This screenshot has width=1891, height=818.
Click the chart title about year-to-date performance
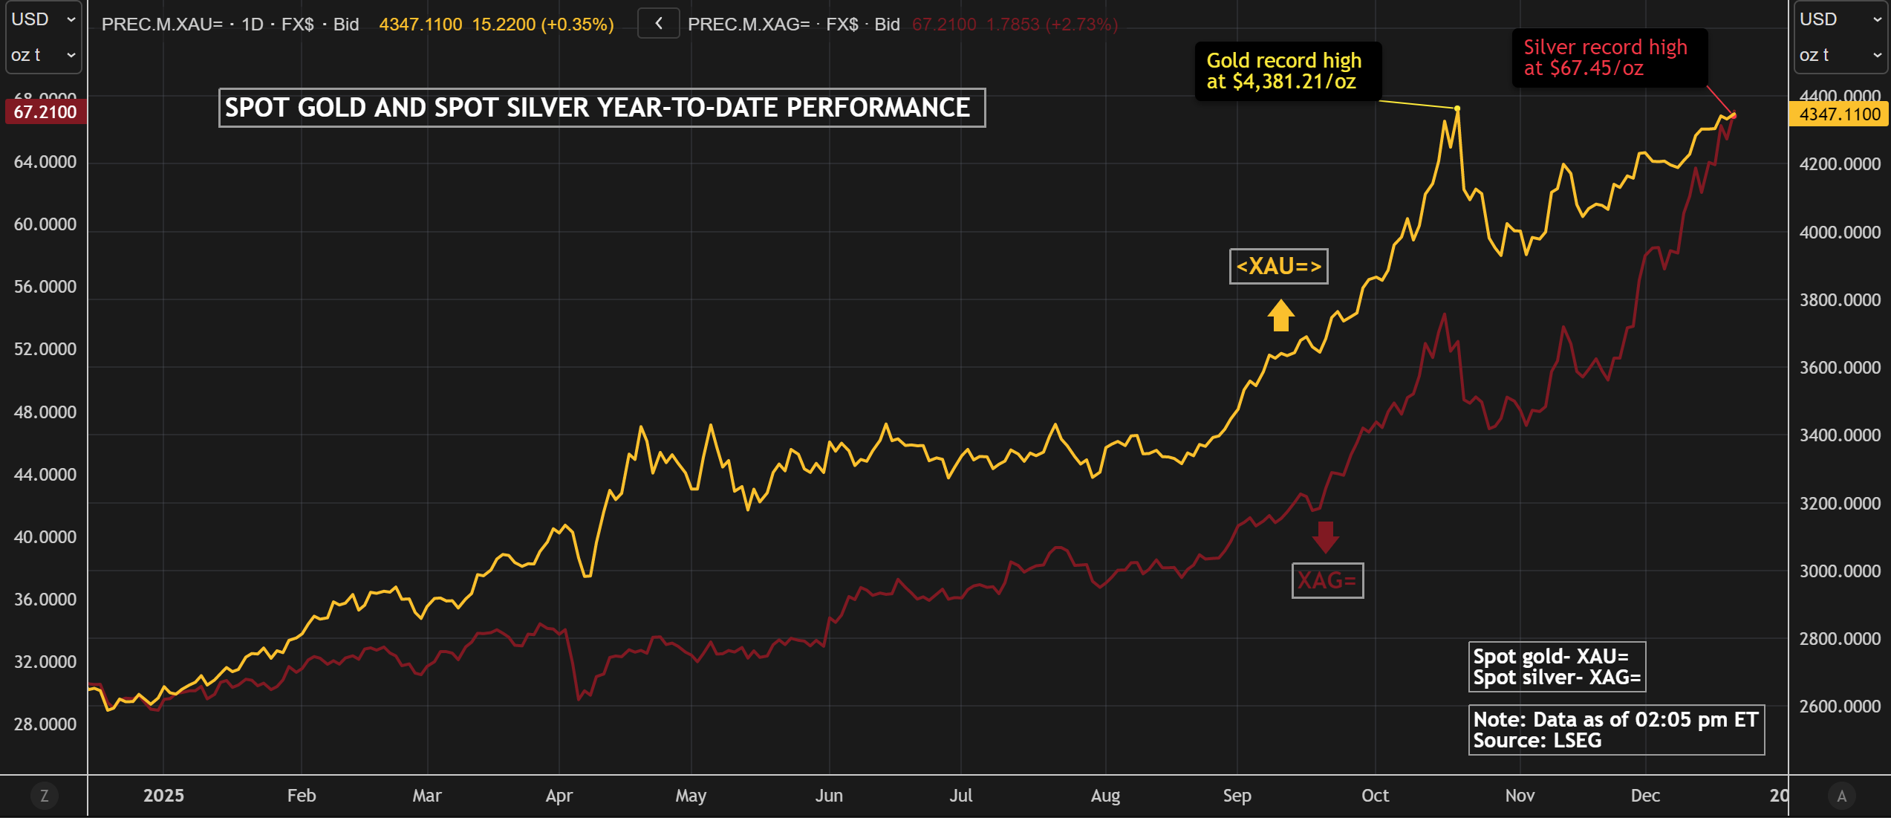[602, 108]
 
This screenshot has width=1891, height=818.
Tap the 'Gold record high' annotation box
[1287, 71]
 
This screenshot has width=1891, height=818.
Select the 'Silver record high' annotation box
[1608, 58]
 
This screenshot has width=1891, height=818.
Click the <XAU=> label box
[1278, 266]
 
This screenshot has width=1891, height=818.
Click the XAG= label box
[1327, 580]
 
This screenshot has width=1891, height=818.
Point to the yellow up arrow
[1280, 315]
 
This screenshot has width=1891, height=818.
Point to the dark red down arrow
[1325, 536]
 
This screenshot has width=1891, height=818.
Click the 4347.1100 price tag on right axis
[1838, 114]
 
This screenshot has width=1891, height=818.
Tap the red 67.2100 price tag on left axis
[45, 112]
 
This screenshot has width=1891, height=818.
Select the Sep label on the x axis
[1237, 796]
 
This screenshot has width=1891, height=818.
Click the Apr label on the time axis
[559, 796]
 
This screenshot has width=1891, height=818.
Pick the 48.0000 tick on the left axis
[45, 412]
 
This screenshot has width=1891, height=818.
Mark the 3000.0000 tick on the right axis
[1839, 571]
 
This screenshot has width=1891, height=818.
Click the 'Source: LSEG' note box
[1615, 730]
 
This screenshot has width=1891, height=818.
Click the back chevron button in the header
[658, 24]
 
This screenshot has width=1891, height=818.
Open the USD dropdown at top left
[43, 19]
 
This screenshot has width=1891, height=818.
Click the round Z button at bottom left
[44, 796]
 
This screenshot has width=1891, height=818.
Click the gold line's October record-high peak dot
[1457, 108]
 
